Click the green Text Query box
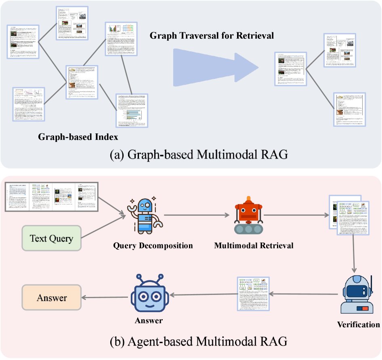pos(51,238)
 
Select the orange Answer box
pos(51,298)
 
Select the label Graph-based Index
pos(78,137)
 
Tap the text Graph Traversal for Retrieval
pos(212,36)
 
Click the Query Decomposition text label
pos(153,246)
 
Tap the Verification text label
pos(358,324)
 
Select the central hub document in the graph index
pos(82,82)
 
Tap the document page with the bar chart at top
pos(122,39)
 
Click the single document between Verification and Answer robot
pos(253,293)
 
